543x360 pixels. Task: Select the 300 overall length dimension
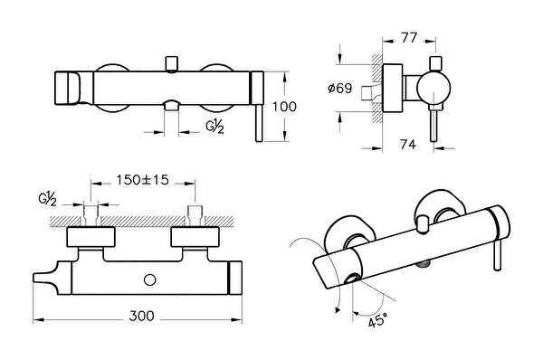(x=140, y=316)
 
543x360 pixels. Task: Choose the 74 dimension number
(x=408, y=145)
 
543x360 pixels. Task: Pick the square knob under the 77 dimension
(x=435, y=62)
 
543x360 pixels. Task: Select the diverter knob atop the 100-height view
(x=169, y=62)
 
